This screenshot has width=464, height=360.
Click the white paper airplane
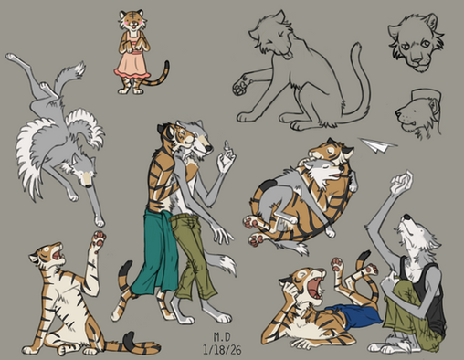(x=377, y=145)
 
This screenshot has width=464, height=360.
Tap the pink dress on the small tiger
(x=132, y=62)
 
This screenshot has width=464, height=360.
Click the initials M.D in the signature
(x=222, y=336)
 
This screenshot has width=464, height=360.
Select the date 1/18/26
(x=222, y=350)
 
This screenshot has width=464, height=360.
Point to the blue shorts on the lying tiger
(x=354, y=315)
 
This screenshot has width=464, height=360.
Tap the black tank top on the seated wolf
(x=427, y=292)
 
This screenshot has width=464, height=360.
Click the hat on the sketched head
(x=427, y=95)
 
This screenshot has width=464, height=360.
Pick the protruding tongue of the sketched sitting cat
(x=287, y=56)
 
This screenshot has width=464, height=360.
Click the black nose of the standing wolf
(x=208, y=148)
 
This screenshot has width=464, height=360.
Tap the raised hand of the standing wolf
(x=226, y=157)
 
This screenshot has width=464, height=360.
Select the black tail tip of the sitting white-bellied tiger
(x=130, y=339)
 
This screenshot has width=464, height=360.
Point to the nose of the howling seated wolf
(x=406, y=217)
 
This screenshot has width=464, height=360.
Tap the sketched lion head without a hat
(x=417, y=43)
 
